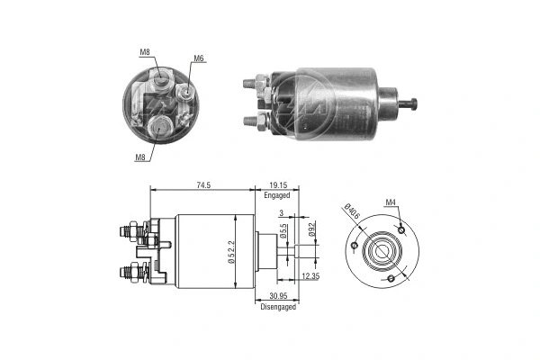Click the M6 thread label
coord(199,58)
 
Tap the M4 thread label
coord(391,202)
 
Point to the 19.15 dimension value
coord(277,184)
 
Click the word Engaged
coord(277,194)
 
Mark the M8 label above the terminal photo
coord(145,52)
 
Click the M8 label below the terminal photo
coord(141,157)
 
